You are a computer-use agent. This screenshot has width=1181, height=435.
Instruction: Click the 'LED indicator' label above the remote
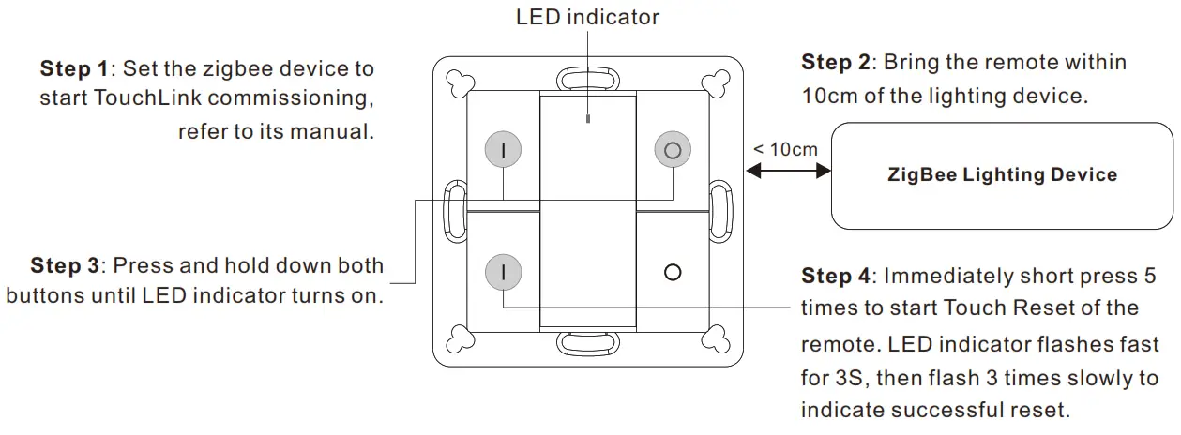[587, 17]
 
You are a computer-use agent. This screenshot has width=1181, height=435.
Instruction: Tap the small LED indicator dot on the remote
[587, 119]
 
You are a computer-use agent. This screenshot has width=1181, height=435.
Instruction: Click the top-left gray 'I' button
[503, 149]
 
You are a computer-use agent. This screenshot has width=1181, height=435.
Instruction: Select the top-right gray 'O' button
[672, 149]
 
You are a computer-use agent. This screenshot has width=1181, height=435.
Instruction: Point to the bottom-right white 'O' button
[672, 273]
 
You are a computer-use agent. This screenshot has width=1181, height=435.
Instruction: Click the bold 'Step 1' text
[73, 68]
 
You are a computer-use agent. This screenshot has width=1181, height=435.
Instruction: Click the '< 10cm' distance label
[786, 149]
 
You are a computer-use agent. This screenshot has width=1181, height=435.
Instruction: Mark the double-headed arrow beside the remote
[789, 170]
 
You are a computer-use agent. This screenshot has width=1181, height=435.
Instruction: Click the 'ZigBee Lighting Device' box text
[1002, 174]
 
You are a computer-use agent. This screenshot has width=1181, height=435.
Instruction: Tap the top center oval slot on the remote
[587, 77]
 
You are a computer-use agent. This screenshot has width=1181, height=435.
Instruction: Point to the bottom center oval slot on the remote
[587, 342]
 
